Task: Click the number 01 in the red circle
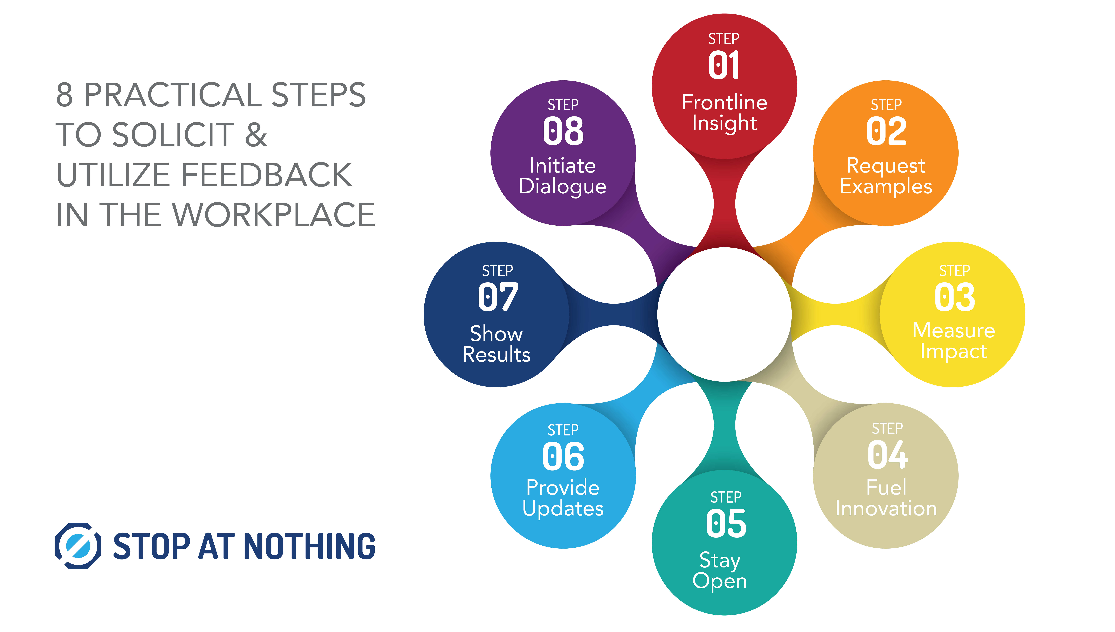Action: coord(724,65)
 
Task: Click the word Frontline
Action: coord(724,103)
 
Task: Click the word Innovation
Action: coord(886,508)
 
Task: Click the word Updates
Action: coord(563,508)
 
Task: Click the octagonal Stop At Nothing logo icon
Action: coord(78,546)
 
